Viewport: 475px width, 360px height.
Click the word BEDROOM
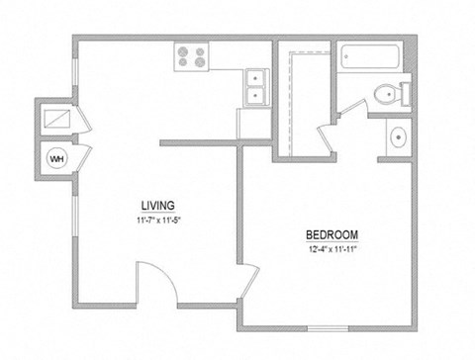pos(332,234)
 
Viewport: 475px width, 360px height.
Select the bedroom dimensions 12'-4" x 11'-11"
pos(332,248)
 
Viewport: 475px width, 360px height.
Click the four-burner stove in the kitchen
pos(191,57)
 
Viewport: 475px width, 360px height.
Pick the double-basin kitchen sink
pos(255,86)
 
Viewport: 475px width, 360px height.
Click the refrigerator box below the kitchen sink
pos(253,123)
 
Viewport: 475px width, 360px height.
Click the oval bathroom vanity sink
pos(398,137)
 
